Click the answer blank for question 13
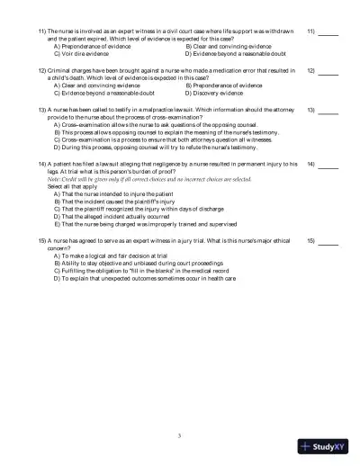tap(328, 112)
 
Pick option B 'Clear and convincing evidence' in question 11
tap(227, 45)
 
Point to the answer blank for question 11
tap(328, 33)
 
